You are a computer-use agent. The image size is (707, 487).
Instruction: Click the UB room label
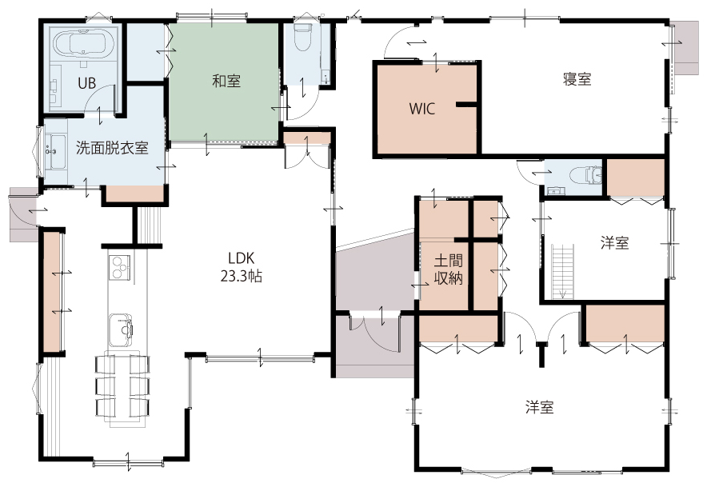click(x=86, y=83)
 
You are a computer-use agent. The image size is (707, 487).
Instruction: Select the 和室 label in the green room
click(x=226, y=82)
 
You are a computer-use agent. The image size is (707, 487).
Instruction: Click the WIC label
click(x=422, y=109)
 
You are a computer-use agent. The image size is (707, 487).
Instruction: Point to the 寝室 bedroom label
click(x=577, y=79)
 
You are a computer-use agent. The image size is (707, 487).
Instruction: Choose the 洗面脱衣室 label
click(x=112, y=147)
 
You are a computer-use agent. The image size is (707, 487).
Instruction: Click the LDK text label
click(x=242, y=258)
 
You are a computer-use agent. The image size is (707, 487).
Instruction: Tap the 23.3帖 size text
click(x=242, y=276)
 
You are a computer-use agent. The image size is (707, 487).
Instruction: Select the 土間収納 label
click(x=448, y=269)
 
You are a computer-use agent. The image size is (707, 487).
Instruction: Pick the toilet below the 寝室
click(x=585, y=175)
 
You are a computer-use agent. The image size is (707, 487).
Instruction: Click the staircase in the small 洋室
click(x=563, y=271)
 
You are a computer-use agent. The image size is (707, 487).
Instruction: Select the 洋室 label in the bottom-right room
click(x=539, y=407)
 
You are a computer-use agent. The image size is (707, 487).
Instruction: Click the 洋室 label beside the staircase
click(x=614, y=242)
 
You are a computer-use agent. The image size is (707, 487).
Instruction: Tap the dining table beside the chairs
click(x=122, y=386)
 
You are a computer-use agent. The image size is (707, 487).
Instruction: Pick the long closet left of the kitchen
click(x=52, y=291)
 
